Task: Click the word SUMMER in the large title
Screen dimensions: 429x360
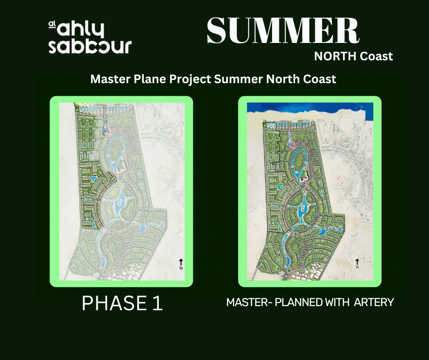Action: point(283,31)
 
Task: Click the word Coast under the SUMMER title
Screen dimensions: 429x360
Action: point(376,56)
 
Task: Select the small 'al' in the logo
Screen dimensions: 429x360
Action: point(52,25)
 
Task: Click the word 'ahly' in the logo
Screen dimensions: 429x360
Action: point(80,29)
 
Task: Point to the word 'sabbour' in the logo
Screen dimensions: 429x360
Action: point(90,47)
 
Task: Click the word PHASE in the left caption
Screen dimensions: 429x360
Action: point(114,303)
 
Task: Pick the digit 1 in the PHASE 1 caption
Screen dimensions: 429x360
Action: point(158,303)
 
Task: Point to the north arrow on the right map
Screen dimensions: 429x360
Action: point(357,262)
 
